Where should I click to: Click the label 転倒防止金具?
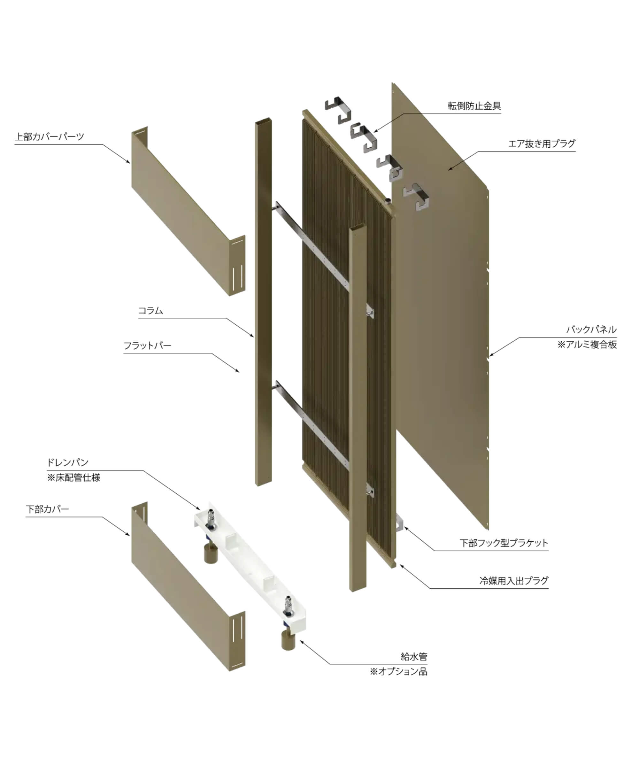474,106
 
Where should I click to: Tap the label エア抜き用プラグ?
542,143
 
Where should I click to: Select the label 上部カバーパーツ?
49,136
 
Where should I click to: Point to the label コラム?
150,310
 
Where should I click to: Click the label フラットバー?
148,345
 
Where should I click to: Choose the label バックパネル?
591,329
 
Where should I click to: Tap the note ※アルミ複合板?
587,345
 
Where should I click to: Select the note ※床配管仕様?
74,477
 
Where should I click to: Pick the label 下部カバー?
48,509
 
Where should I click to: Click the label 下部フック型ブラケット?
504,543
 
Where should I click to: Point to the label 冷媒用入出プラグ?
513,581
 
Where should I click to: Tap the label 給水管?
414,657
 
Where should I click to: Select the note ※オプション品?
398,671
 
